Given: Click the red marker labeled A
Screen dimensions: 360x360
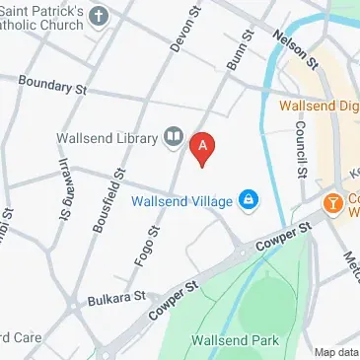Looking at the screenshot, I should click(202, 148).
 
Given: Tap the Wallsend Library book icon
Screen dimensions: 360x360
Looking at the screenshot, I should click(174, 136).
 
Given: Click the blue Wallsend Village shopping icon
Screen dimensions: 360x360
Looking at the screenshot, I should click(248, 201).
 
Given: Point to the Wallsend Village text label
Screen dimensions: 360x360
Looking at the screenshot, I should click(184, 201).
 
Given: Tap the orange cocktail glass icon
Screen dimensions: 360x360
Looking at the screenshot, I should click(333, 202).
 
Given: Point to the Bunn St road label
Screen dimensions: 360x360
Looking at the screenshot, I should click(235, 47).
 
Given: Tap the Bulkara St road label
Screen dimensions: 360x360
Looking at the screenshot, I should click(114, 296).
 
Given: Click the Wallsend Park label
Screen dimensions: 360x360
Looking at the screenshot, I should click(236, 340).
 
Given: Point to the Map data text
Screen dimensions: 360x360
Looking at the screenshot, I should click(336, 352).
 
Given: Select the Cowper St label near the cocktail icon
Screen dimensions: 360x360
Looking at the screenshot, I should click(283, 234).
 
